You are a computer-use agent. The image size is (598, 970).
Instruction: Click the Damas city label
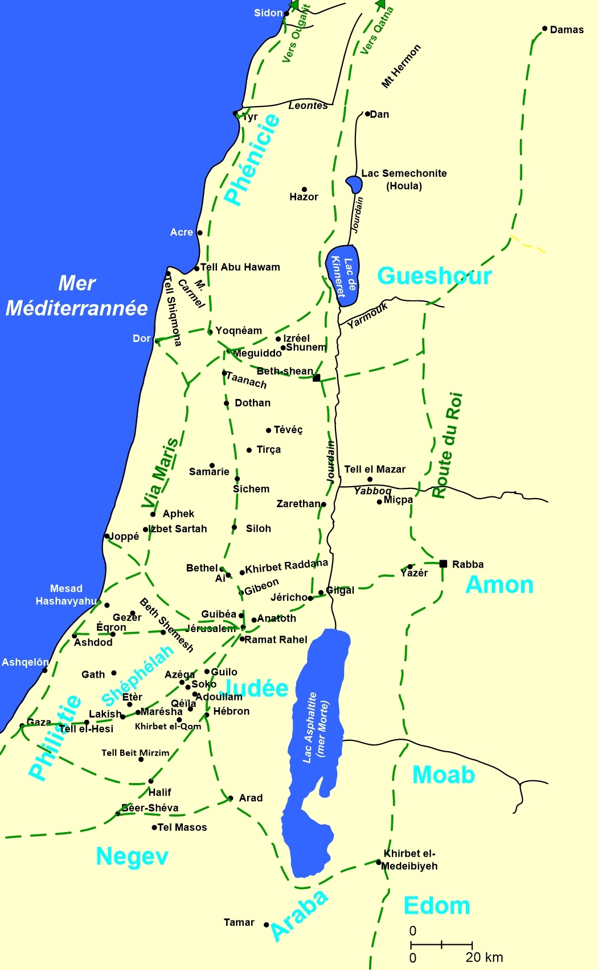567,30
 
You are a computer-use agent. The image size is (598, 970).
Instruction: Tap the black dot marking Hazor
304,189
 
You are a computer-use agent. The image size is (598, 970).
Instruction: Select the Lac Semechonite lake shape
354,184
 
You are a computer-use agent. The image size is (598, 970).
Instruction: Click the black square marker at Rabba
443,564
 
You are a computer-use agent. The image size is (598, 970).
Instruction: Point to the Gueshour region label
434,276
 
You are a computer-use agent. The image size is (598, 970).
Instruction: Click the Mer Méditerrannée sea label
77,296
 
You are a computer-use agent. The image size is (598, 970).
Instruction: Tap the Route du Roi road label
447,445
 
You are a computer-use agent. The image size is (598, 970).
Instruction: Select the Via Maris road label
160,473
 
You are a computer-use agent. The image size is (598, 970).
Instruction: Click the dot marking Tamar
266,924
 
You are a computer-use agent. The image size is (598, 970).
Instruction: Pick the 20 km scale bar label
484,957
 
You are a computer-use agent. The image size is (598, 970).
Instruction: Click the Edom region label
436,906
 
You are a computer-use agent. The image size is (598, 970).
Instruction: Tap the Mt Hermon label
401,66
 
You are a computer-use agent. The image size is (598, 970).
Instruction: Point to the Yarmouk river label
367,315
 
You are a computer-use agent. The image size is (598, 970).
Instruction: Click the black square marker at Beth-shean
317,378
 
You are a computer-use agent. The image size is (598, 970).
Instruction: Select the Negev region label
132,856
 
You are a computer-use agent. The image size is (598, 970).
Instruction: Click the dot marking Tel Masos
154,827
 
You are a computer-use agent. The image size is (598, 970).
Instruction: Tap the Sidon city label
268,13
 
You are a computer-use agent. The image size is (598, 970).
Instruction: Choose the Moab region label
443,775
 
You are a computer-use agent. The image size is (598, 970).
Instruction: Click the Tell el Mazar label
375,469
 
